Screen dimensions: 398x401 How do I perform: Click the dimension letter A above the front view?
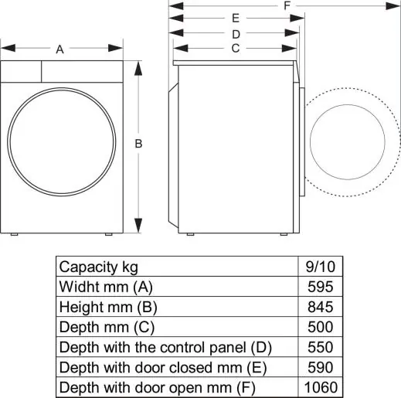60,49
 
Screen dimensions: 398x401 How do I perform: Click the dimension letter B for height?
138,144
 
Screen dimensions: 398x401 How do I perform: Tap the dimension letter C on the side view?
235,48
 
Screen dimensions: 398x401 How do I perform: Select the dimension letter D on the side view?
236,33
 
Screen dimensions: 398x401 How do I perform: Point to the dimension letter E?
236,18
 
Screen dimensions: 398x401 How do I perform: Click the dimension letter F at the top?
287,5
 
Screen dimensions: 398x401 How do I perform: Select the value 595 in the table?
321,286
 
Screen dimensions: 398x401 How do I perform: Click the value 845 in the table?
321,306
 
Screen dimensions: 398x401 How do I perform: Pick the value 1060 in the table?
321,386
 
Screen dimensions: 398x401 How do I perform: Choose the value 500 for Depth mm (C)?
321,326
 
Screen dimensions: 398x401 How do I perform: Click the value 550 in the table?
321,346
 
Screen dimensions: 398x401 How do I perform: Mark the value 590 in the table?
321,366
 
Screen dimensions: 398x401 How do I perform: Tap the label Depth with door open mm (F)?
157,386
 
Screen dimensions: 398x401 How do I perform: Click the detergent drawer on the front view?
21,72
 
